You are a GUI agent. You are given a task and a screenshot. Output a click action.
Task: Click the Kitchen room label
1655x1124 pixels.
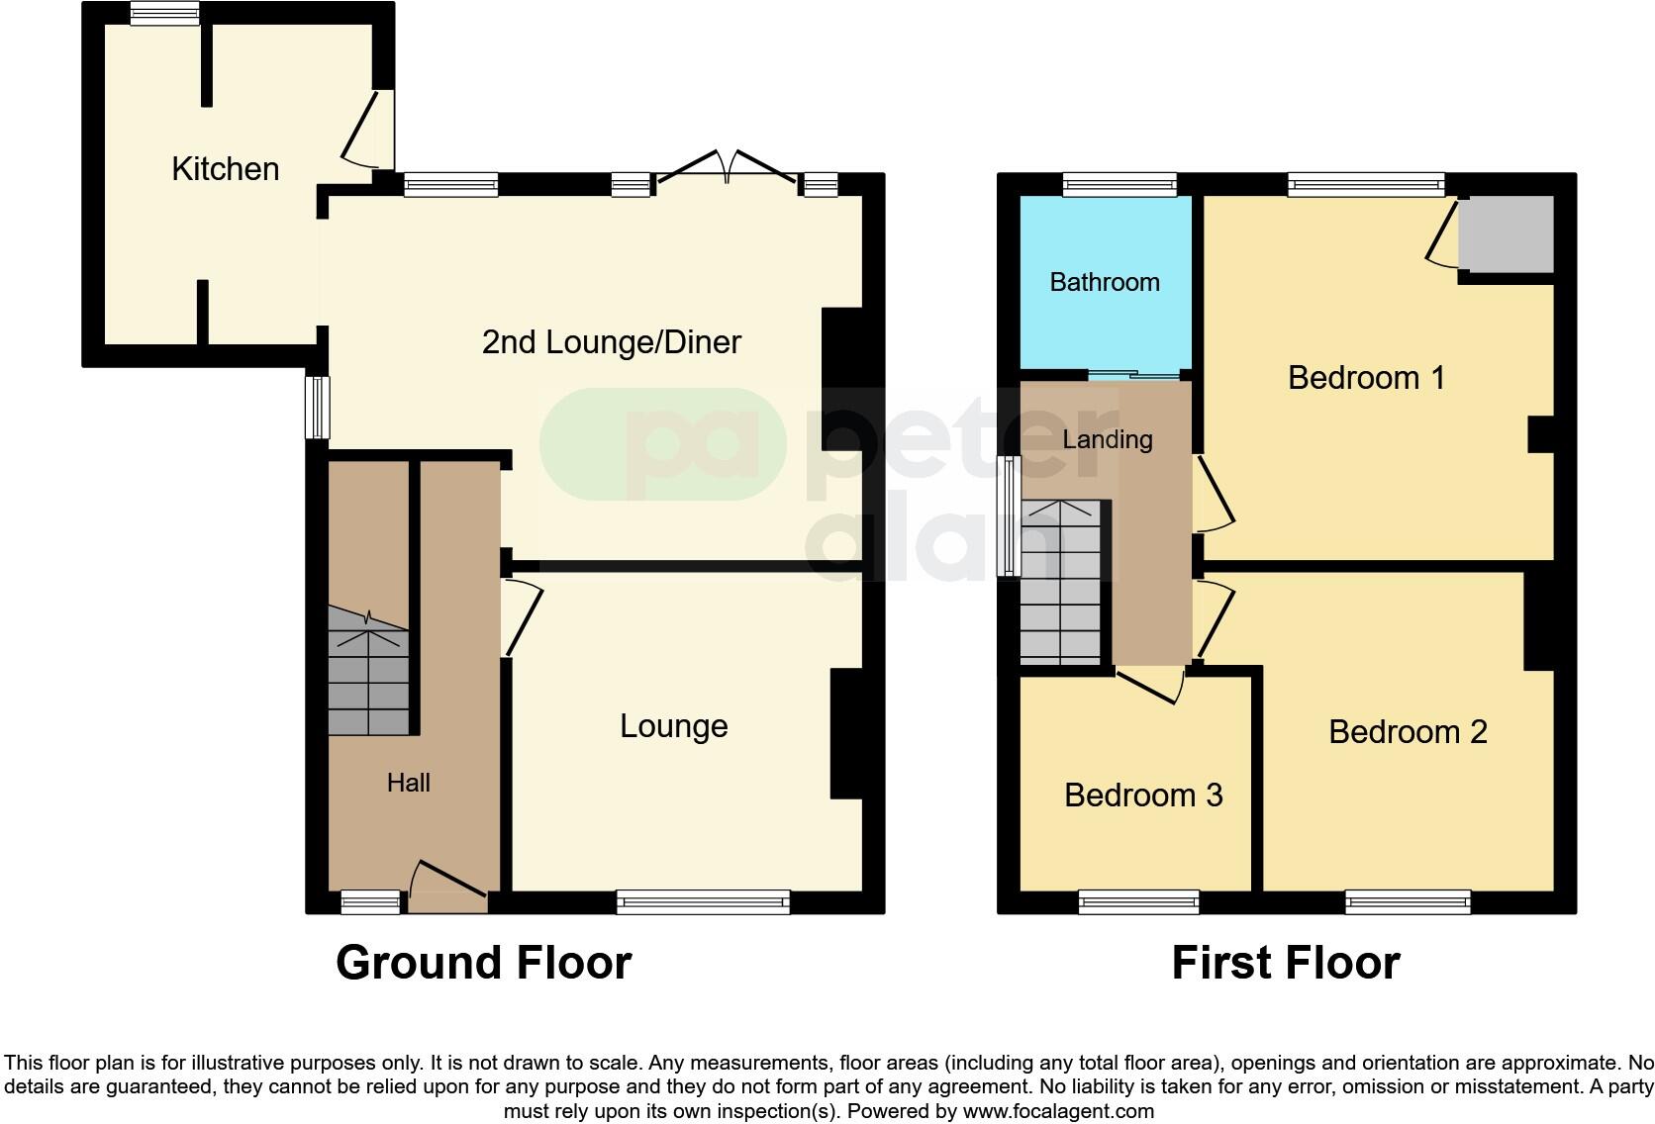(x=225, y=169)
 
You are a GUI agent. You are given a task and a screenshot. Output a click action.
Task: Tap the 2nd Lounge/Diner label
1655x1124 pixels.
(x=611, y=342)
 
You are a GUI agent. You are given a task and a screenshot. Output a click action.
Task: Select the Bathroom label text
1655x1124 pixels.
(x=1105, y=282)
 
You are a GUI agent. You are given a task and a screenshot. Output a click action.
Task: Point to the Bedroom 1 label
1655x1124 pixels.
(x=1366, y=378)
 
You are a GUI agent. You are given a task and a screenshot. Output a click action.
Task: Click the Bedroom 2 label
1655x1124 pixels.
(x=1408, y=732)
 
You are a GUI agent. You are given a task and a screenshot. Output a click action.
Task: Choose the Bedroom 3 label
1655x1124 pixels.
(x=1143, y=796)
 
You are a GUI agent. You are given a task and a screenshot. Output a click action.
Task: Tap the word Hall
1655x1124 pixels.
(x=408, y=783)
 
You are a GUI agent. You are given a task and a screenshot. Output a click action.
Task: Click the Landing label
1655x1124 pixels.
(x=1108, y=439)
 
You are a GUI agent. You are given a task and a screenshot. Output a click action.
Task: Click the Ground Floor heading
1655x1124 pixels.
(x=483, y=963)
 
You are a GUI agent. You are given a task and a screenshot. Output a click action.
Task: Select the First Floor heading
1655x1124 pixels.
(x=1285, y=963)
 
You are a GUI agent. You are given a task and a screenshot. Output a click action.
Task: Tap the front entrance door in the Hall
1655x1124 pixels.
(x=447, y=888)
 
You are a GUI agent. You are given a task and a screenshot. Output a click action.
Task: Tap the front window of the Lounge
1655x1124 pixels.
(x=703, y=901)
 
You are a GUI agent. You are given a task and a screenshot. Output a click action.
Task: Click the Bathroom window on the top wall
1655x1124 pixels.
(x=1120, y=184)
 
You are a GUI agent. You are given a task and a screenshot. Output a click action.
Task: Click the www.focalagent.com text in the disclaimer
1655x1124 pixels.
(x=1057, y=1111)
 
